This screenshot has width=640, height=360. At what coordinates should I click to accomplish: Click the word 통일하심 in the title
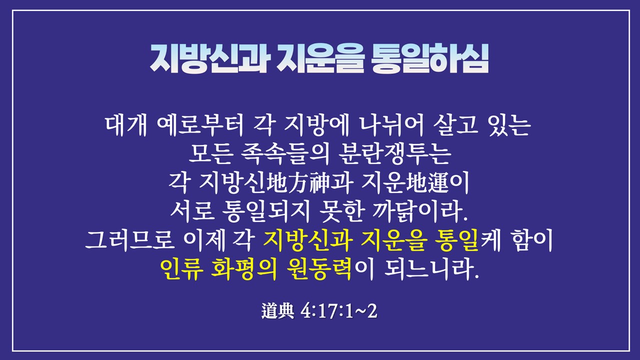(429, 59)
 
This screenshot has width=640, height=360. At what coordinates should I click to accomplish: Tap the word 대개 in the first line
(126, 125)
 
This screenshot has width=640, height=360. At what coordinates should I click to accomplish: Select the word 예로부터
(200, 125)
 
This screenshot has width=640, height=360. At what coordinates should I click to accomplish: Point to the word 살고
(455, 125)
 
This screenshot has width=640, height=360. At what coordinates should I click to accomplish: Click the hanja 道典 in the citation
(277, 311)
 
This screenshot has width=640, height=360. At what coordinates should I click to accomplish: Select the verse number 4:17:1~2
(339, 311)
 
